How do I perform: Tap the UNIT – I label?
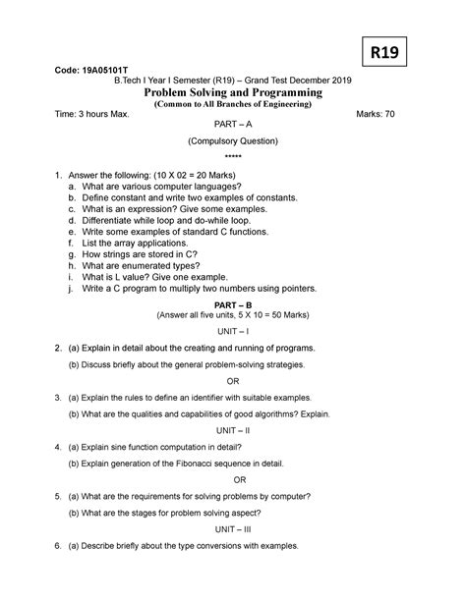click(x=233, y=332)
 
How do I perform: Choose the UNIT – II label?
click(x=233, y=431)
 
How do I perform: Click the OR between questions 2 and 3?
click(x=233, y=381)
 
